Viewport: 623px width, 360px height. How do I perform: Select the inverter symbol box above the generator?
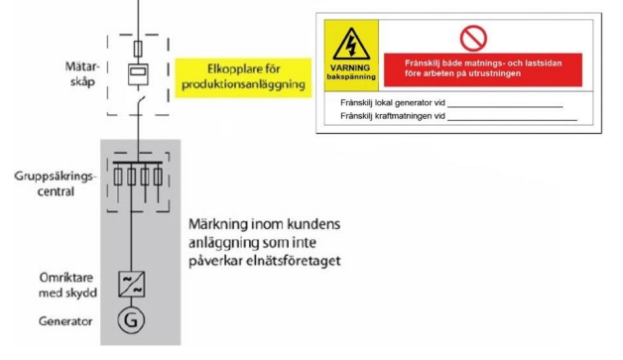click(131, 282)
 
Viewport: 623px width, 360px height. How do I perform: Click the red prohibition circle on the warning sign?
click(474, 38)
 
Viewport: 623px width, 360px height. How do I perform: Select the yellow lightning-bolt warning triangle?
click(350, 46)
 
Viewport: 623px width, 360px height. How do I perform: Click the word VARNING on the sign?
click(350, 67)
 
